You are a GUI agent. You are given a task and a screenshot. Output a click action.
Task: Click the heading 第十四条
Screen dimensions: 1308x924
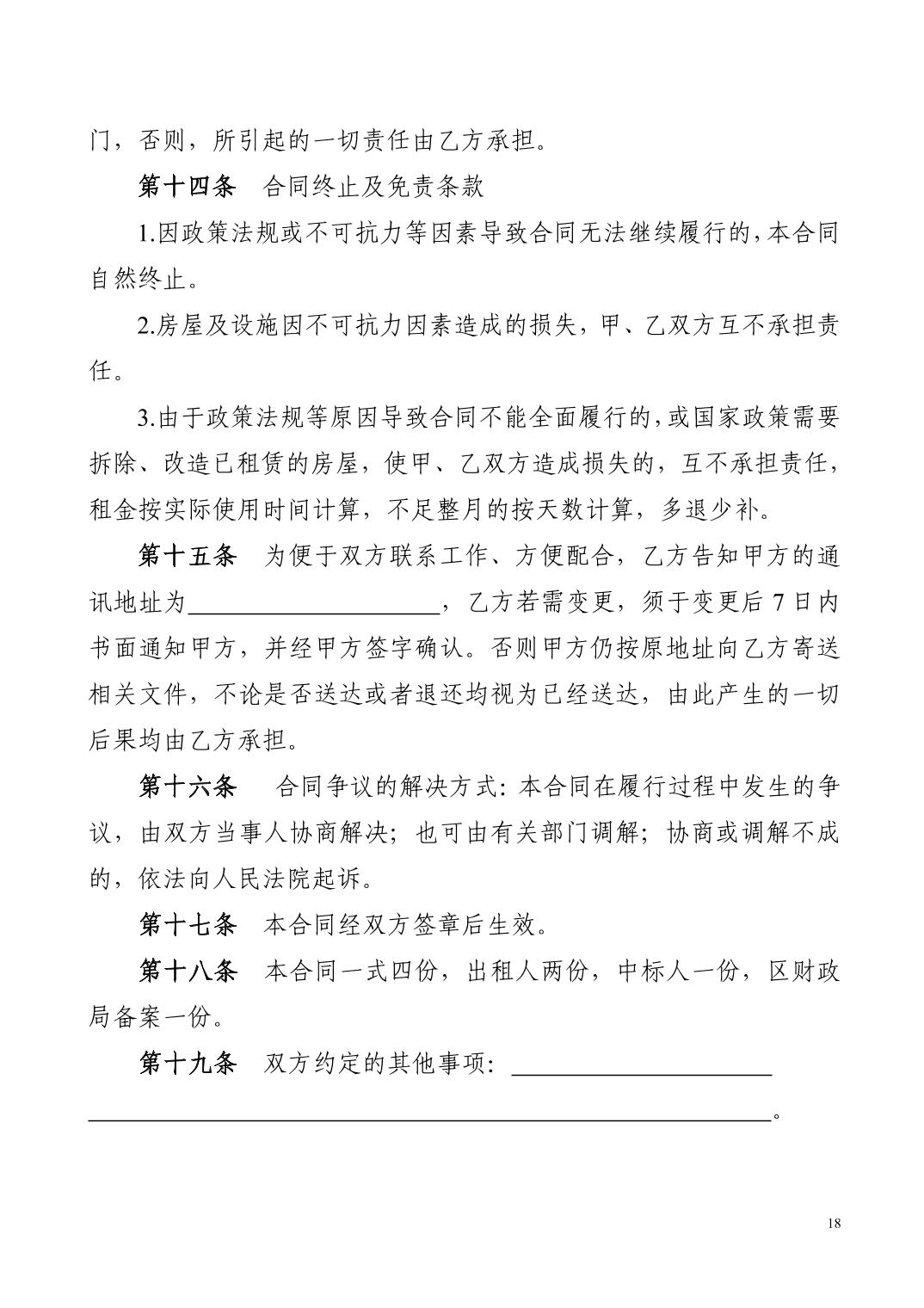(187, 186)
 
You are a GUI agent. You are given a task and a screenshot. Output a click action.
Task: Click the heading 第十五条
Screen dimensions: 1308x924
(187, 556)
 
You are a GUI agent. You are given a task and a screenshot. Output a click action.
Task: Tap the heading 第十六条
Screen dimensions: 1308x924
(187, 787)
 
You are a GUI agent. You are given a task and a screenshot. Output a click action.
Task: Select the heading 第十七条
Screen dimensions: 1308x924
(187, 925)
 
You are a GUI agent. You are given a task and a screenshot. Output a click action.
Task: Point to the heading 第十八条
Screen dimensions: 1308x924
(187, 972)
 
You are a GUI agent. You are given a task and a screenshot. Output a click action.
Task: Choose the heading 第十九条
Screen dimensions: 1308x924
(187, 1064)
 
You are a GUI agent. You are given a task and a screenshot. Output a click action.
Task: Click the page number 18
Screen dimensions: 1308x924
(832, 1225)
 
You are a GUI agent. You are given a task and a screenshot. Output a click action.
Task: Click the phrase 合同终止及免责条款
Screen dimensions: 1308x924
(373, 186)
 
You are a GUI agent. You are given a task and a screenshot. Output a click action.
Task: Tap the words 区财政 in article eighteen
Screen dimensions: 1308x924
(804, 972)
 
